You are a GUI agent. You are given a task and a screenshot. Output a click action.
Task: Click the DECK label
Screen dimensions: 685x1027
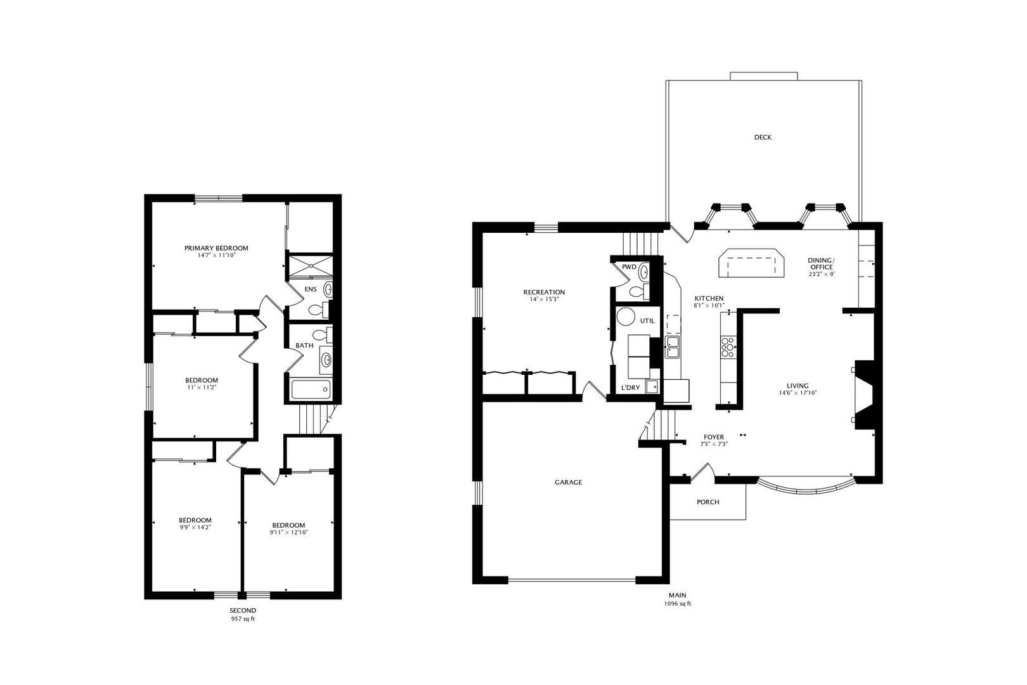click(763, 137)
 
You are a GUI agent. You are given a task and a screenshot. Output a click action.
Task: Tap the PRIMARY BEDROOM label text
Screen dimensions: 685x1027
click(216, 248)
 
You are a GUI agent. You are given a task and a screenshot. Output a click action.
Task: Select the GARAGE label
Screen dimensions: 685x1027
click(568, 482)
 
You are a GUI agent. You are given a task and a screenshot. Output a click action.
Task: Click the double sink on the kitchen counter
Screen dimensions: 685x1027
click(672, 347)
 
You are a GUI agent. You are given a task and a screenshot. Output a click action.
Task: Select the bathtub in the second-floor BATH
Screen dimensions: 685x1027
click(311, 389)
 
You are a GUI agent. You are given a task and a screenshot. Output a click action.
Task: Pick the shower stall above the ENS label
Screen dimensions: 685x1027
click(310, 266)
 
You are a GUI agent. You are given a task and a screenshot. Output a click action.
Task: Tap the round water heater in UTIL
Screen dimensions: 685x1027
click(627, 317)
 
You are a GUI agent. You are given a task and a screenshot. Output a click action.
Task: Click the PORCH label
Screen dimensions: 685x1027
click(708, 502)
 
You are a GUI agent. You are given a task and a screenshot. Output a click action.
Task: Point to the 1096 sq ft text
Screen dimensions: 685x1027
click(677, 604)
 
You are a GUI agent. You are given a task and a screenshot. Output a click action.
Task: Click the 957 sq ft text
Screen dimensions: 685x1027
click(243, 619)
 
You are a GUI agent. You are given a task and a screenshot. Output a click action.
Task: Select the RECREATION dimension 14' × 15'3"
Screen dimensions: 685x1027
click(544, 299)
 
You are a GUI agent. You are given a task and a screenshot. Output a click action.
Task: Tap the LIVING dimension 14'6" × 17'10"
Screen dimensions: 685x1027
click(798, 393)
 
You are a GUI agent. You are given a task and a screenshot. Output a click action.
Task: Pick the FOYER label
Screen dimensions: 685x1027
click(714, 437)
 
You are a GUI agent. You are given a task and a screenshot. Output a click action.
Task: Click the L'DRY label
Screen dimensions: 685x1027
click(630, 388)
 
